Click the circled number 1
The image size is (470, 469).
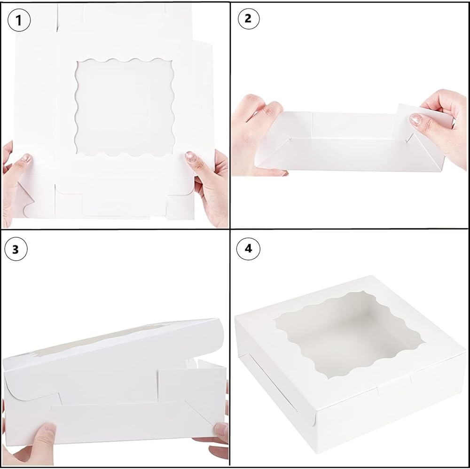[19, 20]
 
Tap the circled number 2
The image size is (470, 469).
[248, 19]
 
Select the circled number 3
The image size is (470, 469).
[16, 249]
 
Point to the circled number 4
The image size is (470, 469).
[248, 249]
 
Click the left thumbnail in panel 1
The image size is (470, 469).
[26, 157]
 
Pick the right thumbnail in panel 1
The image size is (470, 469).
[191, 156]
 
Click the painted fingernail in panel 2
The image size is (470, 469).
[415, 119]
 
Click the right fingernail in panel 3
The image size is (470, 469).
[221, 429]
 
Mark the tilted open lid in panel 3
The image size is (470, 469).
[114, 353]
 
